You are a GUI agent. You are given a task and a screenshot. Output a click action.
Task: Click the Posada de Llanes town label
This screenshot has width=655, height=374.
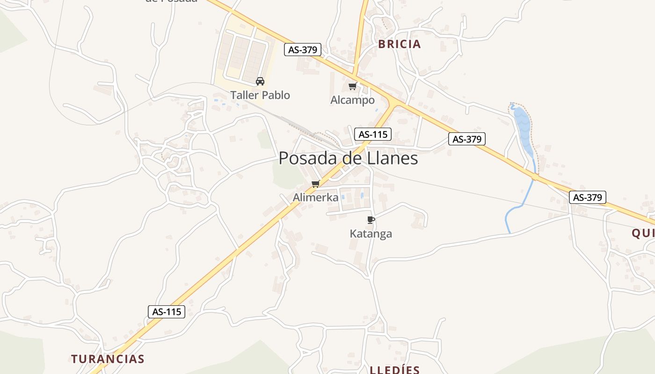[x=348, y=158]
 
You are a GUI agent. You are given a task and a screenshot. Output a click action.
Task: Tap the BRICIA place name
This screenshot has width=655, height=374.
[x=399, y=44]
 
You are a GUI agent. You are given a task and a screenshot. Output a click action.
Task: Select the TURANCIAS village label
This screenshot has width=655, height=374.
[x=108, y=359]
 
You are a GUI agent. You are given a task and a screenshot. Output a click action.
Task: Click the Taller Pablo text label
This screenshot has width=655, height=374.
[x=260, y=95]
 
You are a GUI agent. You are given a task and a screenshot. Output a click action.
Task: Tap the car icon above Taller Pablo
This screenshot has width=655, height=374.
[x=260, y=81]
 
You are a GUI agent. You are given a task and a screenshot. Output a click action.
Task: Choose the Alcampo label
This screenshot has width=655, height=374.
[x=352, y=100]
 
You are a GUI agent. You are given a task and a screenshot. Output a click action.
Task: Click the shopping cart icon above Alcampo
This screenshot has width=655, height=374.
[x=352, y=86]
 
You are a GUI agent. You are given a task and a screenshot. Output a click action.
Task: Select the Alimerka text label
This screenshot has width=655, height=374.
[x=315, y=198]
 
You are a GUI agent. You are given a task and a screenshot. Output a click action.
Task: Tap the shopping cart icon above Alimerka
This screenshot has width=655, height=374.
[x=315, y=184]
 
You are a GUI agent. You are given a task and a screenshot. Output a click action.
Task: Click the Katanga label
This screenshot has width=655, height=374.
[x=371, y=234]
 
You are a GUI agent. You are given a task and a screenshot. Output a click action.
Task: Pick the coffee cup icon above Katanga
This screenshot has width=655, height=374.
[x=371, y=220]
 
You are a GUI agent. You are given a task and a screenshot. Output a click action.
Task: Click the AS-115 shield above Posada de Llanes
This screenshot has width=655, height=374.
[x=372, y=135]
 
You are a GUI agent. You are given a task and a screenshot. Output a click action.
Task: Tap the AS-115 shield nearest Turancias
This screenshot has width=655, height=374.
[x=167, y=312]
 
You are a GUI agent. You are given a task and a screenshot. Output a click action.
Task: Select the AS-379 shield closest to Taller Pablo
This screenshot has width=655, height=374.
[x=303, y=50]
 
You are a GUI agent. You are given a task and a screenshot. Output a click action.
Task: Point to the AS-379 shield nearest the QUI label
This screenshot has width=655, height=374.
[x=588, y=197]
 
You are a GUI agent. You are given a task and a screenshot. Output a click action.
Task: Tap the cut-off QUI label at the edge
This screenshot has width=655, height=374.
[x=643, y=233]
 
